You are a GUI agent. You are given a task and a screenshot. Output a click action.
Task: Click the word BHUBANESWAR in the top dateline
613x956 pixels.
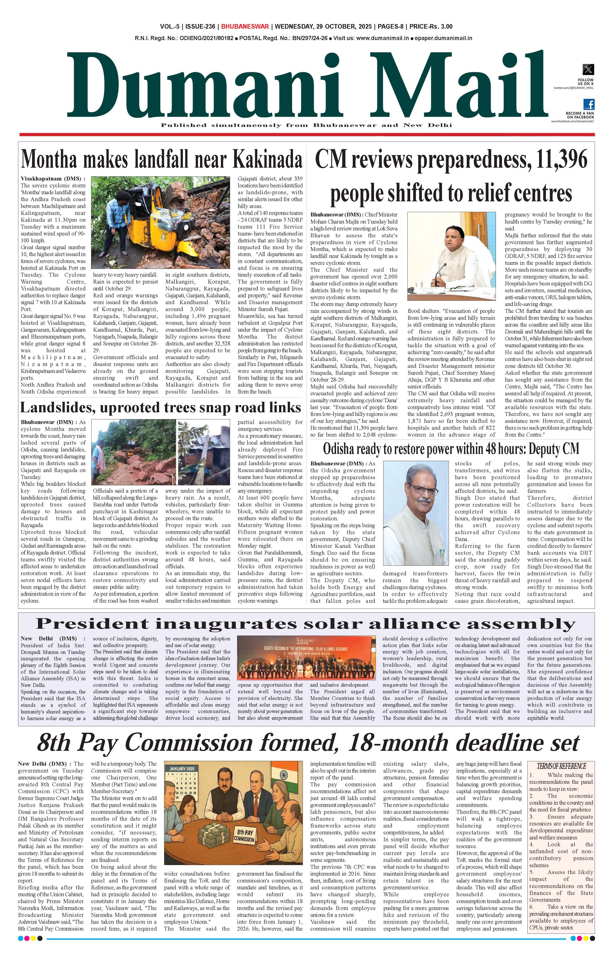point(245,27)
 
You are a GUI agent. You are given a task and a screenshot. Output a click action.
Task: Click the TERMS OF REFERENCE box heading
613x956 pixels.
point(561,766)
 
